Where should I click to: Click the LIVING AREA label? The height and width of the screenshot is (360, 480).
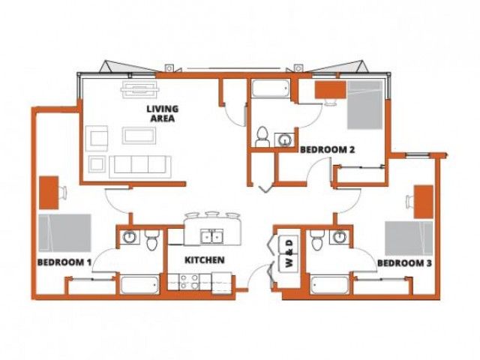163,113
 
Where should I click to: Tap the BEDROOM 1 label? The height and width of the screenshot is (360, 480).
64,262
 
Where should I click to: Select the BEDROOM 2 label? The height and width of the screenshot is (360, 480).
327,150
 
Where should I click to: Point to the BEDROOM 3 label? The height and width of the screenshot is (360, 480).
404,263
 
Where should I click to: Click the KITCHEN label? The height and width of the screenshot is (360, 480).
205,260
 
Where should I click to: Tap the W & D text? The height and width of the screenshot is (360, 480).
289,253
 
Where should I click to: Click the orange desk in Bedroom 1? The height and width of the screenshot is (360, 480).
49,193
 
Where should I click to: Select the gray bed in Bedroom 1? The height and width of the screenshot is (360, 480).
65,233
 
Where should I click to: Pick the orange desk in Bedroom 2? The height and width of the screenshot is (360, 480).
331,90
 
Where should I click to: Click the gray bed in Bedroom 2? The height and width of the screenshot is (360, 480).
365,105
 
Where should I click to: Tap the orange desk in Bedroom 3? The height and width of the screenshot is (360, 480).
424,202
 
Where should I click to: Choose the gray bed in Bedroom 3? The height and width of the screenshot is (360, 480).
409,238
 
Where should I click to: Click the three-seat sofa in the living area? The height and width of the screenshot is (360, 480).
140,166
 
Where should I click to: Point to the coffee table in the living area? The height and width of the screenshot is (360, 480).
139,136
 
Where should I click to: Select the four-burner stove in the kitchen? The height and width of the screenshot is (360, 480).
190,282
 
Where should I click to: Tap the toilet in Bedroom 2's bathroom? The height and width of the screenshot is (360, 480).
262,137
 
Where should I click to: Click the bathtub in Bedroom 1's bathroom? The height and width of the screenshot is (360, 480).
140,285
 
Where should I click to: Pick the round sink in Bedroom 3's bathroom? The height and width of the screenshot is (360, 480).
340,237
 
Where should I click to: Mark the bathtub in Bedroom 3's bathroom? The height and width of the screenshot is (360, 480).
330,285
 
